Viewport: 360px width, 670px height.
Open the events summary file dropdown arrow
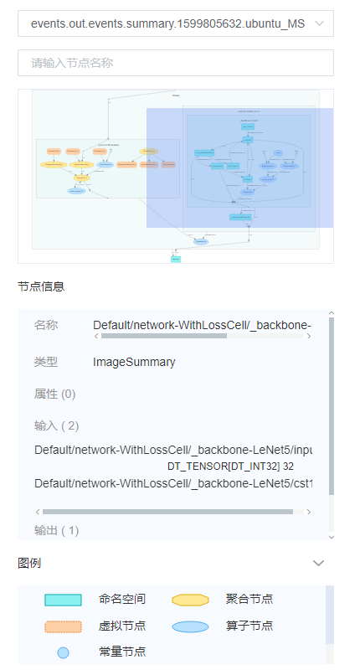[319, 24]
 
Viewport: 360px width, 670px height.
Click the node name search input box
[176, 63]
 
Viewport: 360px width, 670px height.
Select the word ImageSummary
[134, 363]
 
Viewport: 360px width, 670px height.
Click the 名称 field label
[46, 325]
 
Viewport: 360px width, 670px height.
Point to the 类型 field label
[46, 363]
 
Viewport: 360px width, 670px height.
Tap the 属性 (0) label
[54, 394]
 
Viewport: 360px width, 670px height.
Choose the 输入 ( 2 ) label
[57, 426]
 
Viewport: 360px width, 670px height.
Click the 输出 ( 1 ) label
[57, 530]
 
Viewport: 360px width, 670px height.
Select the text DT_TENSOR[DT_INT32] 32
[230, 466]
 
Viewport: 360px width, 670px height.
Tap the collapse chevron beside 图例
[318, 564]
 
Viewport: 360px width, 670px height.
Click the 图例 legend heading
[29, 564]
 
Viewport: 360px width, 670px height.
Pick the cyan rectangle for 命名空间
[63, 600]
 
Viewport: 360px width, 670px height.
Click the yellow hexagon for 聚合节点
[190, 600]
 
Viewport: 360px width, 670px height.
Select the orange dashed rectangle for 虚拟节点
[63, 626]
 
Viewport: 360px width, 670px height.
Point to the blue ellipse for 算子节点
[190, 626]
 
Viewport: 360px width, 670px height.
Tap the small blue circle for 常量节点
[63, 652]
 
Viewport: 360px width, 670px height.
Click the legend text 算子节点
[249, 626]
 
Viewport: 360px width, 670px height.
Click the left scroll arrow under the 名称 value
[96, 337]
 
